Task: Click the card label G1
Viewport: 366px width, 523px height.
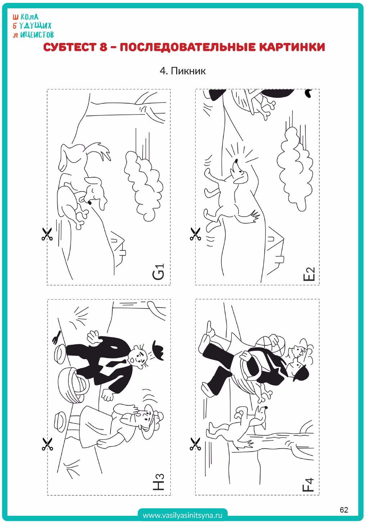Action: [159, 272]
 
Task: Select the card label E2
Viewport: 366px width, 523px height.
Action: [309, 274]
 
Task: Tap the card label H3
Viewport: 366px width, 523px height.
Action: [159, 482]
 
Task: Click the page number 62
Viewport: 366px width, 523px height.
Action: [344, 510]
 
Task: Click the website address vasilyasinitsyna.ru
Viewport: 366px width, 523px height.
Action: [182, 515]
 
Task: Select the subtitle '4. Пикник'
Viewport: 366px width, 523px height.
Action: [183, 71]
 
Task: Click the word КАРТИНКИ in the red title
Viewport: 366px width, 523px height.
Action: [292, 47]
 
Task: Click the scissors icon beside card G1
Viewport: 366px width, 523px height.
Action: [47, 234]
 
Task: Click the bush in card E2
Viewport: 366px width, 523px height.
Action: [295, 169]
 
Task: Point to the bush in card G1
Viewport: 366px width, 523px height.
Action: [143, 186]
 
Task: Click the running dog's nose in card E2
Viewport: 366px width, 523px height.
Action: [236, 161]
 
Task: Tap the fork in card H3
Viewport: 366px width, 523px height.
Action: [56, 337]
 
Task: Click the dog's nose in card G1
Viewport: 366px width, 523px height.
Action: [90, 203]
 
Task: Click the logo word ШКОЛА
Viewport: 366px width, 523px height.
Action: [26, 17]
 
